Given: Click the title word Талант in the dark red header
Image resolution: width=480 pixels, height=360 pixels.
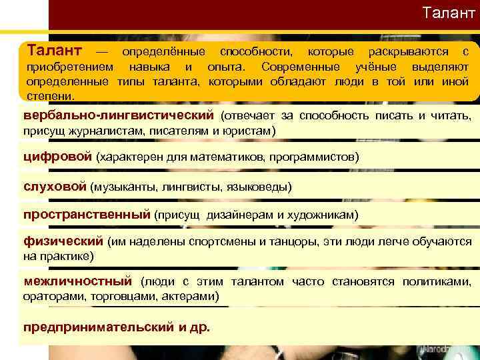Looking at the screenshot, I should [449, 13].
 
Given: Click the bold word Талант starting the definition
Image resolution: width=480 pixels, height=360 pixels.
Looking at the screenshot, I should [54, 51].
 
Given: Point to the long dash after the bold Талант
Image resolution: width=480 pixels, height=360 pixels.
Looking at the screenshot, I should [101, 52].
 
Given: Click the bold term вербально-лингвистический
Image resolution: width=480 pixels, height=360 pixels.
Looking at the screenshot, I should [117, 116].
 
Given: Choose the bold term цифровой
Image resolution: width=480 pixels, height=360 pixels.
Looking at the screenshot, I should [57, 157].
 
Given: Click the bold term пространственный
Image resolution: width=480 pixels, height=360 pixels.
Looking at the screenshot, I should [87, 215].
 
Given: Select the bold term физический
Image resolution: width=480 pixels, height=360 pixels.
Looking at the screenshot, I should [63, 241].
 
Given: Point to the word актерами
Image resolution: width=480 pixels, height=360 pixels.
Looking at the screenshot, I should [199, 295].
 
